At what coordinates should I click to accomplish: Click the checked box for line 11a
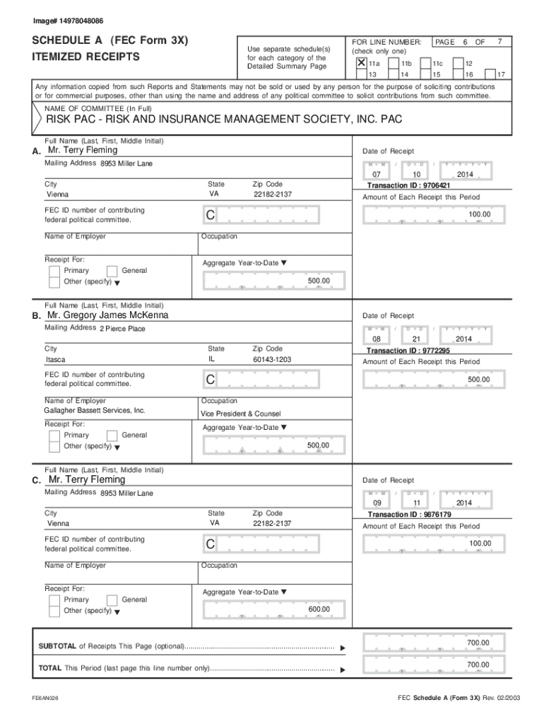pos(361,63)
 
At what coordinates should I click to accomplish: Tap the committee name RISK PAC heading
pos(223,119)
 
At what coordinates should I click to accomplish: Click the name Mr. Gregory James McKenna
pos(107,315)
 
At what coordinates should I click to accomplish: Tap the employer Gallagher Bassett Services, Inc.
pos(95,411)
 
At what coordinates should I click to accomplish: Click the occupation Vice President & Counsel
pos(240,414)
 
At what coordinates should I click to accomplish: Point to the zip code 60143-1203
pos(271,360)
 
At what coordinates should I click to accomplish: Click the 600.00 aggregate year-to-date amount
pos(319,609)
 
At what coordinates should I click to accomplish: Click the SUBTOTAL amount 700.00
pos(478,643)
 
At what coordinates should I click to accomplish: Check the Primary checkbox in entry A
pos(54,271)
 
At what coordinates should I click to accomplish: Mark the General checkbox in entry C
pos(112,600)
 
